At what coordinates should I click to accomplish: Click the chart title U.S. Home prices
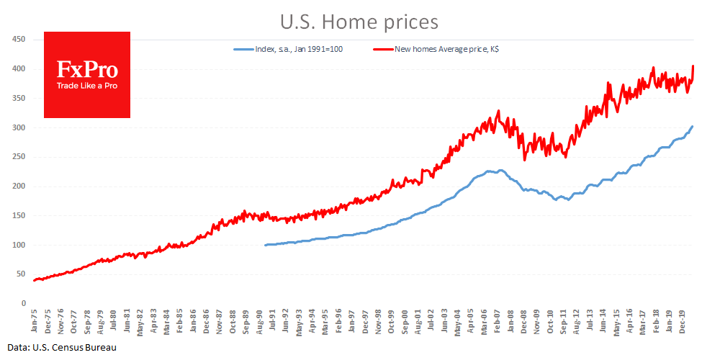359,22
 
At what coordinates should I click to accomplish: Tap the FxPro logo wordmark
87,70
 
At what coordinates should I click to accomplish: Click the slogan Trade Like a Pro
87,86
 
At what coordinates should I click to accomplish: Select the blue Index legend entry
296,49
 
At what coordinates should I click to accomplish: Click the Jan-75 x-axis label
34,320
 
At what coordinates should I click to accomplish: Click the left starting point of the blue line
265,246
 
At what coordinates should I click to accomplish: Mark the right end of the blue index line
693,127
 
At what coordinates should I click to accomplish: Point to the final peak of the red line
693,66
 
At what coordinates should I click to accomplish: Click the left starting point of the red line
33,281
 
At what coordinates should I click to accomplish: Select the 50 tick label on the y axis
19,274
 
